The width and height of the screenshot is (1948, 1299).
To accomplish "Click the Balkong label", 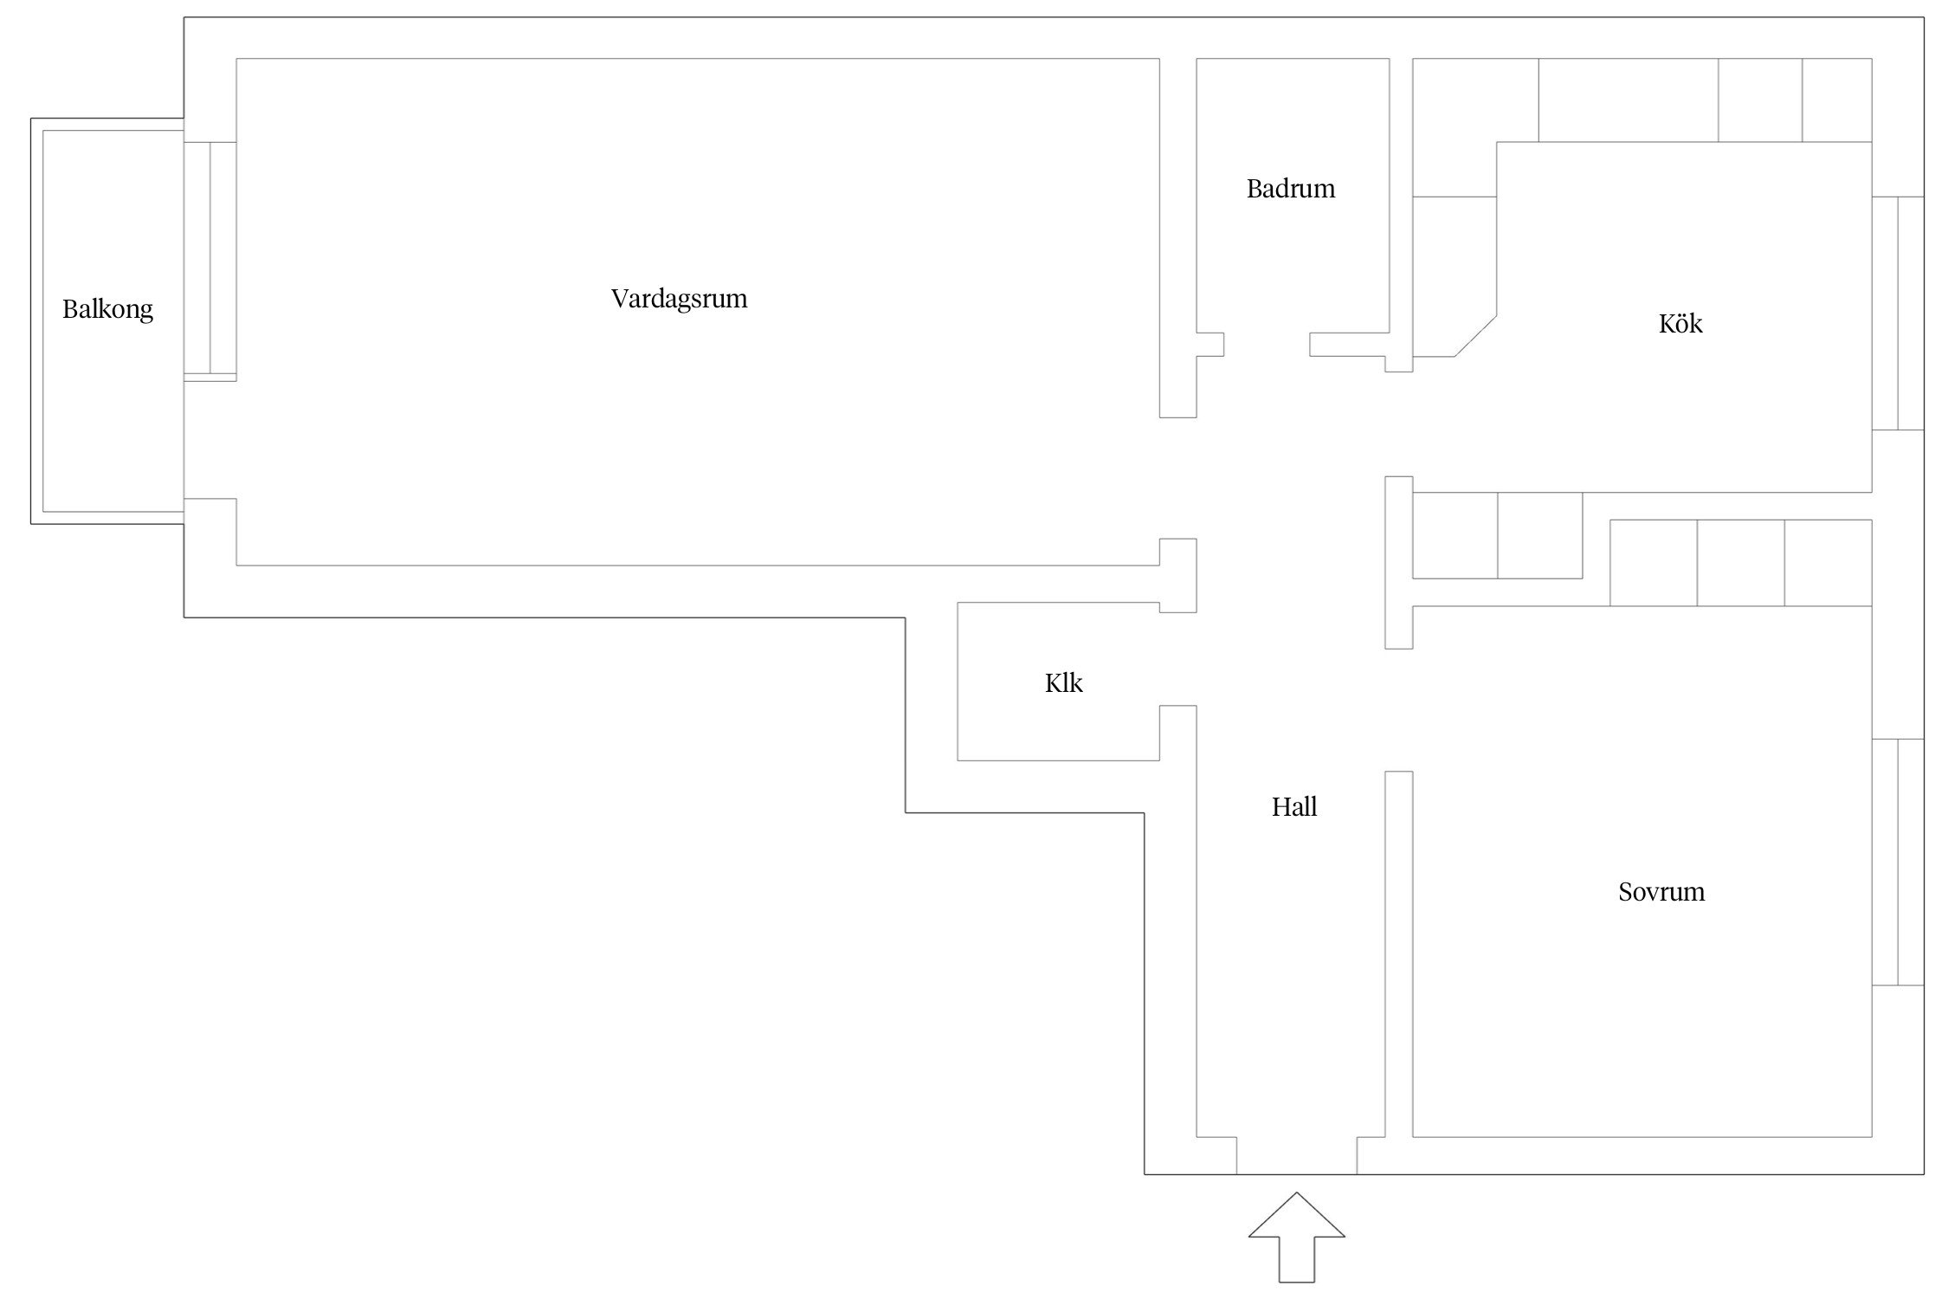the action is click(107, 309).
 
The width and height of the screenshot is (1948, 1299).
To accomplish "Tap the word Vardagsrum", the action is click(679, 299).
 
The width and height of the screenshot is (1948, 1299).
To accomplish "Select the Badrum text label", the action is click(1291, 189).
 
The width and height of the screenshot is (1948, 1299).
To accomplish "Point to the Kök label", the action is click(1680, 323).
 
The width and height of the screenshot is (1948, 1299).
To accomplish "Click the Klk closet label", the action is click(1063, 683).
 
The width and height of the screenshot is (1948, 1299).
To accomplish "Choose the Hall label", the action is click(1294, 807).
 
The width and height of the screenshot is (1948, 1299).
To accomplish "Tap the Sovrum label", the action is click(1661, 892).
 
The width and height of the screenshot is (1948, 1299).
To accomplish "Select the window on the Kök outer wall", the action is click(1898, 313).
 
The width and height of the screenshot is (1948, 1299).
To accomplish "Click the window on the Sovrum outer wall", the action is click(1898, 862).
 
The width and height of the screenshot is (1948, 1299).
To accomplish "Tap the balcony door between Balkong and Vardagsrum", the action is click(210, 261).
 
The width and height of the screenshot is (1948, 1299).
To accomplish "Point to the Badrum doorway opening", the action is click(1267, 345).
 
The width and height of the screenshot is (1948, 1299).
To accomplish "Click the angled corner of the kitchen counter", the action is click(1475, 335).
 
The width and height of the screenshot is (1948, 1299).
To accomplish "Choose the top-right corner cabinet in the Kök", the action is click(1837, 100).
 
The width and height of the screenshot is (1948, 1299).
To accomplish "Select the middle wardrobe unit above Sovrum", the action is click(1740, 563).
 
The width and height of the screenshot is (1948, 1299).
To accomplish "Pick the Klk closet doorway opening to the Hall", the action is click(1177, 659).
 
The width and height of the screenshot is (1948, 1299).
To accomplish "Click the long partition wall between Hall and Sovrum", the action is click(1399, 953).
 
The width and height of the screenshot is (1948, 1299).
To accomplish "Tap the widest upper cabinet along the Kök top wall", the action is click(1629, 100).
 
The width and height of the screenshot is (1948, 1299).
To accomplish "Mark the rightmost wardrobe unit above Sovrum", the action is click(1829, 563).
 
